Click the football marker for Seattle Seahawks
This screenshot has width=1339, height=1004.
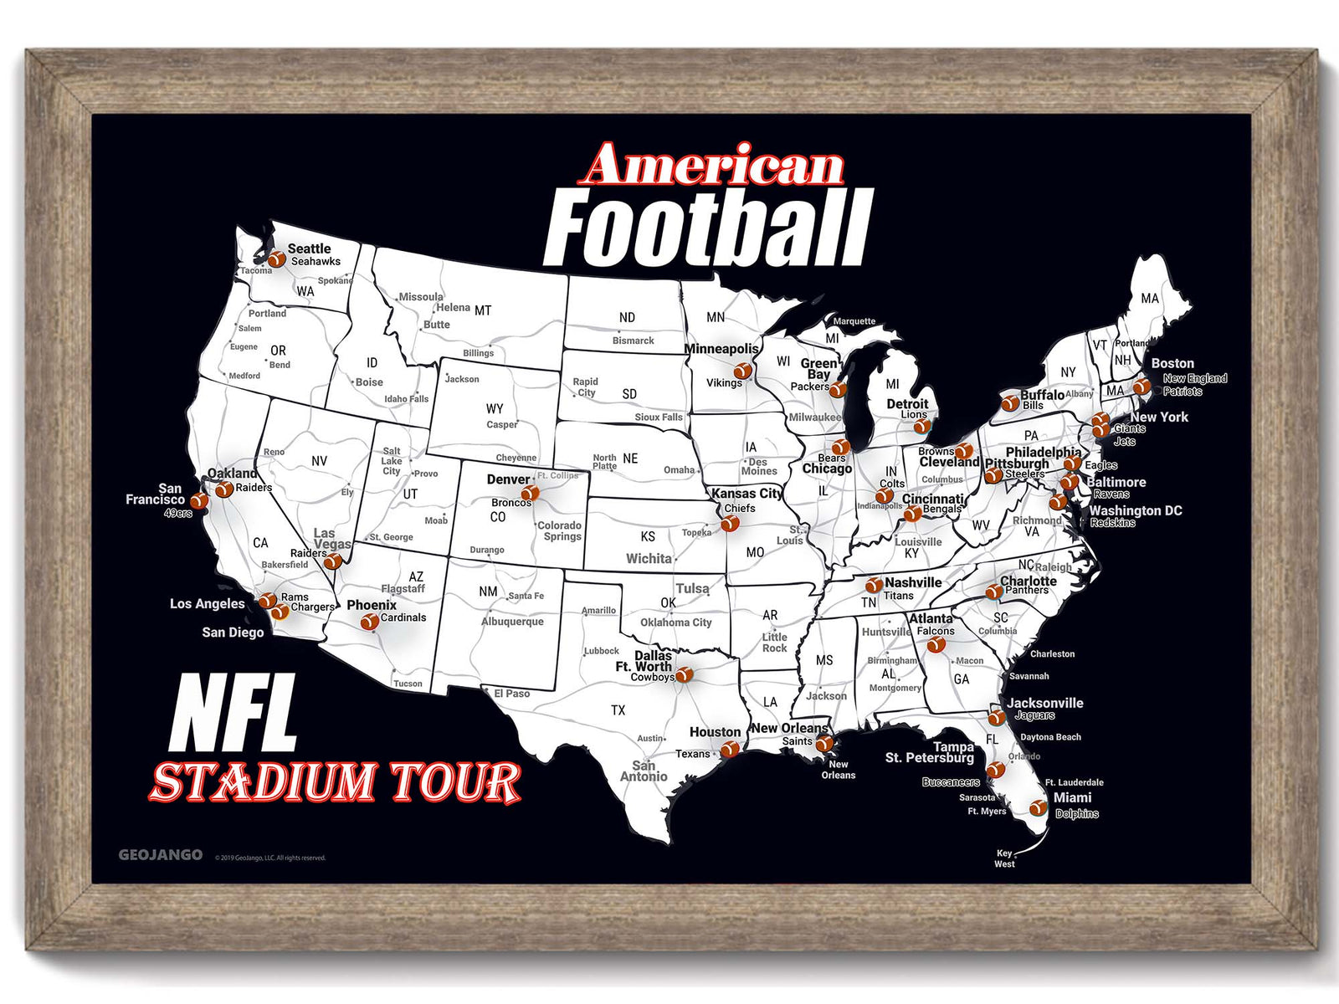pos(276,259)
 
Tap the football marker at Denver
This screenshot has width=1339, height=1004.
pos(529,493)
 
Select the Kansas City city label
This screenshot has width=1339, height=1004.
pos(746,494)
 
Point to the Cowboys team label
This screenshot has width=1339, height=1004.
pos(652,678)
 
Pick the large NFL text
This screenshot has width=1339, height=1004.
pos(233,714)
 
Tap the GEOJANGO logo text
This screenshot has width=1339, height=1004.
pos(161,854)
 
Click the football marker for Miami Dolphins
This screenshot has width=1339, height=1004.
pos(1038,807)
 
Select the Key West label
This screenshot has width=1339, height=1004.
pos(1004,858)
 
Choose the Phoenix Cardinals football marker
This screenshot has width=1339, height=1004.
pos(369,622)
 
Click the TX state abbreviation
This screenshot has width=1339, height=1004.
pos(618,710)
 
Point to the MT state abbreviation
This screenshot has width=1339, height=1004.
pos(483,310)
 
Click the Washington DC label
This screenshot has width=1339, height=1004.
pos(1136,510)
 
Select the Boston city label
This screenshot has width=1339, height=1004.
pos(1172,363)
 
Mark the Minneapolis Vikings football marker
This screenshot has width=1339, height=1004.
pos(741,371)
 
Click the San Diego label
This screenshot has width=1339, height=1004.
pos(233,633)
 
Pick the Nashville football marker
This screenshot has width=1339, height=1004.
pos(874,585)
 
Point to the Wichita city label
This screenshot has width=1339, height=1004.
pos(649,559)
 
